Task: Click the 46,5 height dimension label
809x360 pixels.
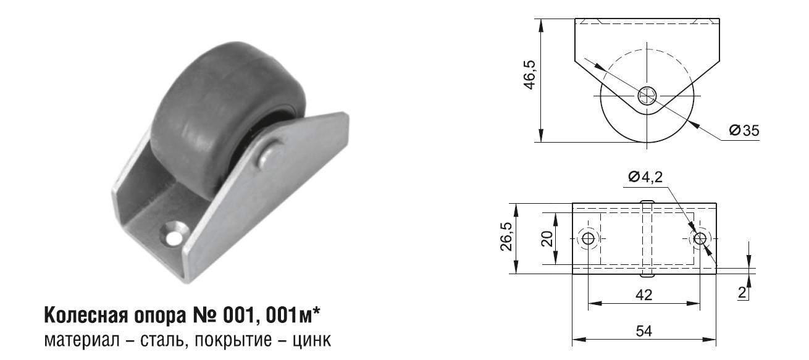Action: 530,75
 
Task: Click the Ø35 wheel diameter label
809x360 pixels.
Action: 744,130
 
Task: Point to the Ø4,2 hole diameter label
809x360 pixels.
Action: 646,177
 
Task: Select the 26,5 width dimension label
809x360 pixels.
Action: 506,237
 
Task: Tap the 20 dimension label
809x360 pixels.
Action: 547,239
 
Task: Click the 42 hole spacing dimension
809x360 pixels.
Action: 644,295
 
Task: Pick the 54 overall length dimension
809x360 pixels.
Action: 644,331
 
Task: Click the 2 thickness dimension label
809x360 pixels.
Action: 742,293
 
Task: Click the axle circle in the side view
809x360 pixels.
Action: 647,96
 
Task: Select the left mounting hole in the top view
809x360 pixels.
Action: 589,238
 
